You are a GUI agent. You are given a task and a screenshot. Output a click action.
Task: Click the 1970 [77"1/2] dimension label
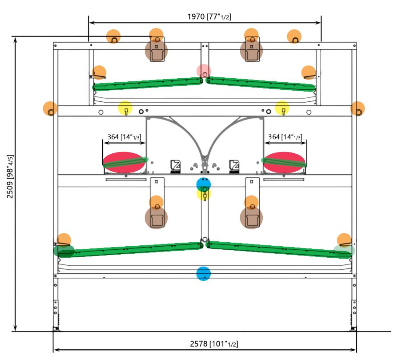[209, 17]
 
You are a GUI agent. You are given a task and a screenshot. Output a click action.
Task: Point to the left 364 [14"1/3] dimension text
[125, 137]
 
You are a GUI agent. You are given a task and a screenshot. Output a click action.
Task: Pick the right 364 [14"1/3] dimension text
[285, 137]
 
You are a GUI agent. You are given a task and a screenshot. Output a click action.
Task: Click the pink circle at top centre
[204, 71]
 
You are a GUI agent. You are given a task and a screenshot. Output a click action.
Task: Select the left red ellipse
[124, 162]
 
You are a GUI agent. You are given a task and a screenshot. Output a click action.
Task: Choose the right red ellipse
[285, 162]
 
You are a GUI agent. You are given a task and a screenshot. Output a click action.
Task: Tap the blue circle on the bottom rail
[204, 273]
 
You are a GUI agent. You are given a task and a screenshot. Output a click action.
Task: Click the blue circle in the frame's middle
[204, 184]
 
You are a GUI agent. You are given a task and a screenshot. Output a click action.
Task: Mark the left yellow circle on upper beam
[125, 108]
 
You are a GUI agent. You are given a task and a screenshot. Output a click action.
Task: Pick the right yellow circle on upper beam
[282, 108]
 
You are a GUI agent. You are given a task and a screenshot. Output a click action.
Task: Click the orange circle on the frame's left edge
[50, 108]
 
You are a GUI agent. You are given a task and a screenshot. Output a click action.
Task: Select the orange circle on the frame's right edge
[358, 108]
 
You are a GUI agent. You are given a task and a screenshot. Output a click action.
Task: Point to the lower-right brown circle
[251, 218]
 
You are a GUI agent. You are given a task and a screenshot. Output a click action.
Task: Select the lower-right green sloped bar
[276, 248]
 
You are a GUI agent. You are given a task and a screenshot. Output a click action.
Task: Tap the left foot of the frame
[56, 328]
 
